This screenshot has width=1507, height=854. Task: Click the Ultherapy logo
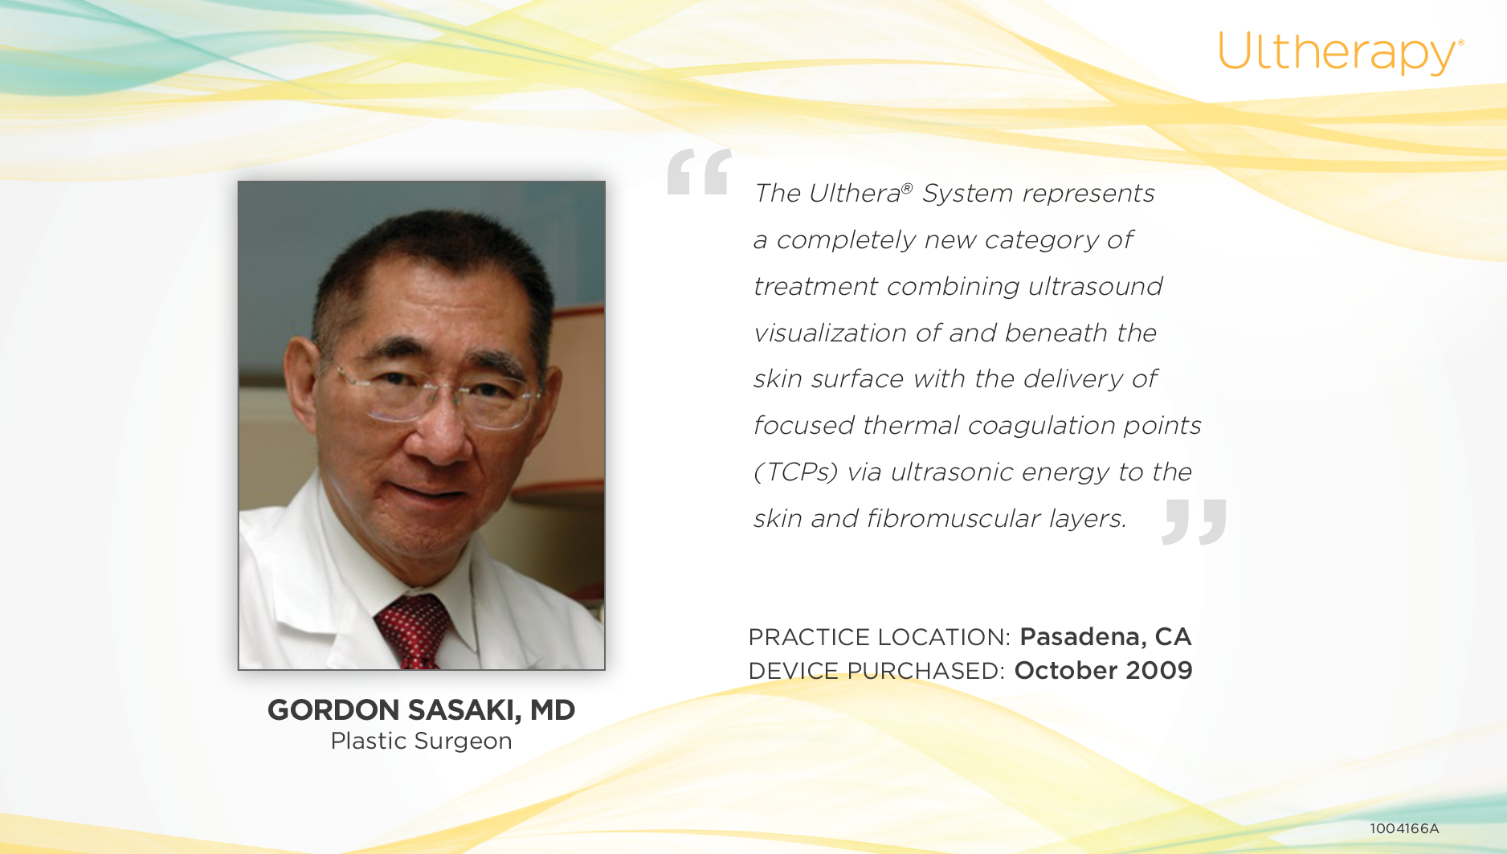[x=1341, y=53]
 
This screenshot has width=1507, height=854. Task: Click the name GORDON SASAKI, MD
[x=421, y=710]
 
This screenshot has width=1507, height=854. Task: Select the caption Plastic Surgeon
[x=421, y=741]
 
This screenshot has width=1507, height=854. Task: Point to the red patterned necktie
[x=412, y=632]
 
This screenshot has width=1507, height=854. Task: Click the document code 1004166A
[x=1404, y=828]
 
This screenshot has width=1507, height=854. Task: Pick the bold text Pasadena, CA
[x=1105, y=637]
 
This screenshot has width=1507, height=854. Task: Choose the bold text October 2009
[x=1104, y=671]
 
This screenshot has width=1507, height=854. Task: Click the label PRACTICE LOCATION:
[x=879, y=637]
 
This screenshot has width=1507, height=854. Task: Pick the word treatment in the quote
[x=815, y=287]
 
